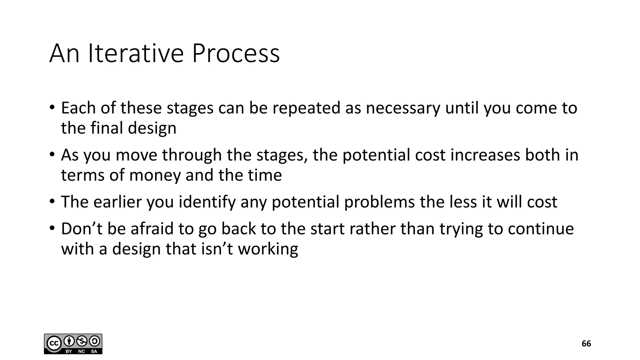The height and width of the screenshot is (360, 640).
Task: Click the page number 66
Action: coord(586,344)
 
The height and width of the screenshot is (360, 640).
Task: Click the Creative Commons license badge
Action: coord(73,344)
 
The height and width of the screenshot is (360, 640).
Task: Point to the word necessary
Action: coord(403,108)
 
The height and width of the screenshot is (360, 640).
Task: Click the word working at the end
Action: coord(268,249)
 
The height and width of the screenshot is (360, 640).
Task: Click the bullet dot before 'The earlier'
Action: coord(52,201)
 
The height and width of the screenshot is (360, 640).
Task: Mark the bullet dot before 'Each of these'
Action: coord(52,107)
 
